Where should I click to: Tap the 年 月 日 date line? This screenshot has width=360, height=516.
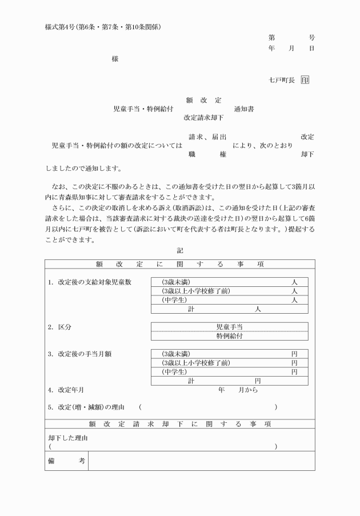click(291, 49)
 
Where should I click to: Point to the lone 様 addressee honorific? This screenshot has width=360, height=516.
click(115, 59)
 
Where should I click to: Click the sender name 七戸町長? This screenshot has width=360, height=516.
click(281, 81)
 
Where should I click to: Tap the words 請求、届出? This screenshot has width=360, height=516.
click(207, 137)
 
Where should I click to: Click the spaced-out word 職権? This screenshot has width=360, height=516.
click(207, 154)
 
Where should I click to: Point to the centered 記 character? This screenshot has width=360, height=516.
click(180, 250)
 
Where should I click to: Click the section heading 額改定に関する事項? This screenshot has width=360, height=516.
click(179, 264)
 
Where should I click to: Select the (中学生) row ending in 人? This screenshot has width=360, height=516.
click(229, 300)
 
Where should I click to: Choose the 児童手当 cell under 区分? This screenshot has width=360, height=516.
click(229, 327)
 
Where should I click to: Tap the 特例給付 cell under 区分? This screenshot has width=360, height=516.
click(229, 337)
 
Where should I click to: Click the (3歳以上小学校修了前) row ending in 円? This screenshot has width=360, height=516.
click(229, 363)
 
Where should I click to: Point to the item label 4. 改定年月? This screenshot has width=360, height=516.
click(66, 390)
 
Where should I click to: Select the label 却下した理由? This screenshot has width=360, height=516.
click(68, 438)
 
